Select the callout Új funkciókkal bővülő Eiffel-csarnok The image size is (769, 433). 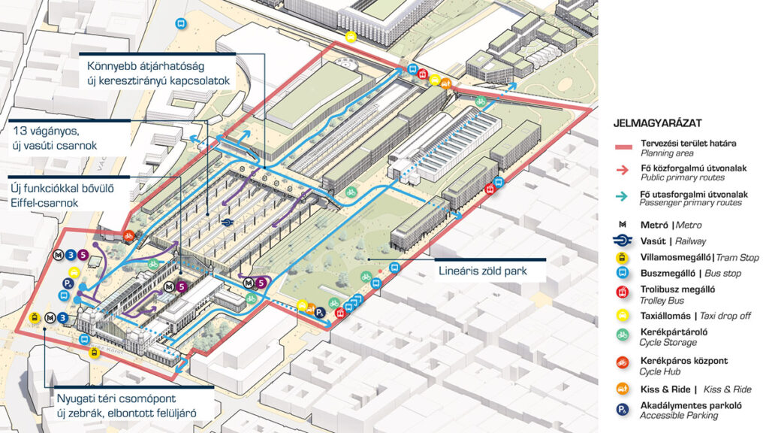(x=61, y=192)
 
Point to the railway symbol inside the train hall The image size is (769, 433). (x=227, y=221)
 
